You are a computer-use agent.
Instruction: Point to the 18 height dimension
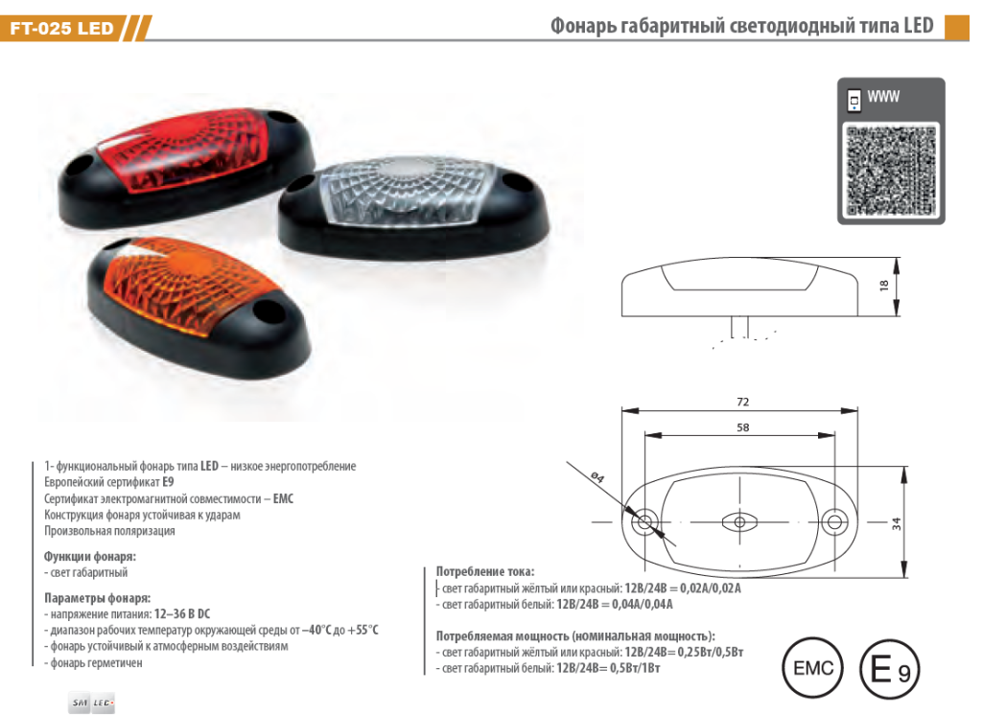[x=884, y=285]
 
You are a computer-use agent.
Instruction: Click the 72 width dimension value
[x=742, y=402]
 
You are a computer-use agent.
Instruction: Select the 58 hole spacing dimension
[x=742, y=427]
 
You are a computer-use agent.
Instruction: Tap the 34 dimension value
[x=896, y=523]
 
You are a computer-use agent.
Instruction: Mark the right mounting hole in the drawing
[x=836, y=522]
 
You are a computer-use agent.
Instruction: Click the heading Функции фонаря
[x=90, y=556]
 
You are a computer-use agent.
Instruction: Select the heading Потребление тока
[x=485, y=571]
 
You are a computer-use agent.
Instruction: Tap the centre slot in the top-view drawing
[x=738, y=522]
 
